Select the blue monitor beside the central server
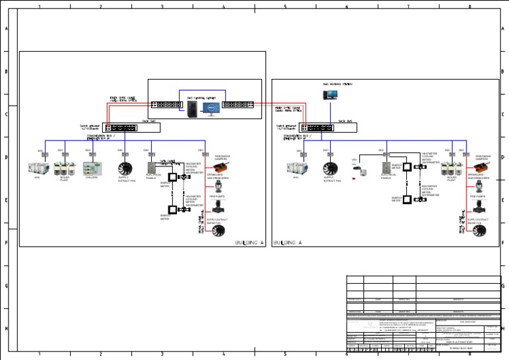click(212, 107)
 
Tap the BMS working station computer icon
click(330, 95)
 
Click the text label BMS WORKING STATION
click(337, 84)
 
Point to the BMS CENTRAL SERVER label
click(201, 97)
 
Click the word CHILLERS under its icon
click(91, 178)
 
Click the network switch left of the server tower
click(166, 104)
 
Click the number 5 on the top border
click(285, 6)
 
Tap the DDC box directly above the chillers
click(89, 154)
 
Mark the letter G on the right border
click(503, 286)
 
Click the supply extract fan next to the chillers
click(124, 169)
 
